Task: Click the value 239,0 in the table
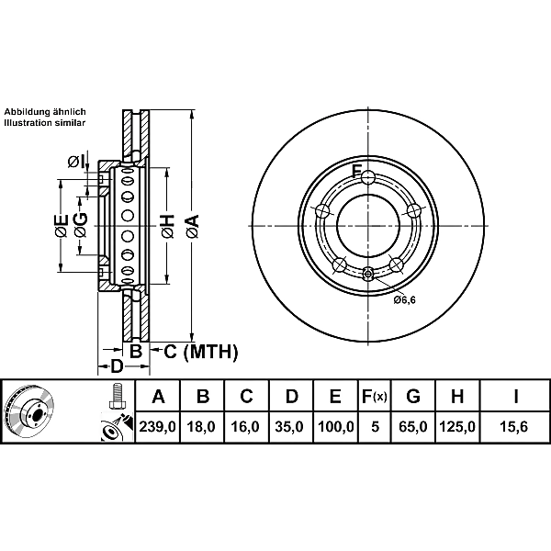pyautogui.click(x=157, y=427)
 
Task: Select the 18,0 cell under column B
pyautogui.click(x=201, y=427)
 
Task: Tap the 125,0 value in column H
pyautogui.click(x=457, y=427)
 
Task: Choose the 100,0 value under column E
pyautogui.click(x=335, y=427)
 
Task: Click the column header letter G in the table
pyautogui.click(x=413, y=397)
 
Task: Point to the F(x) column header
pyautogui.click(x=375, y=397)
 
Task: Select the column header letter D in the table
pyautogui.click(x=291, y=397)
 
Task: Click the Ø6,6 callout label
pyautogui.click(x=404, y=299)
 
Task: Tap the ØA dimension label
pyautogui.click(x=193, y=226)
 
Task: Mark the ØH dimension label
pyautogui.click(x=168, y=226)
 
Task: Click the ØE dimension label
pyautogui.click(x=62, y=225)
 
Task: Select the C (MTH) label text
pyautogui.click(x=201, y=352)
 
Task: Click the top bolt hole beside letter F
pyautogui.click(x=368, y=177)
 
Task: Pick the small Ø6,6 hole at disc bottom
pyautogui.click(x=368, y=273)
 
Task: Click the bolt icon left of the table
pyautogui.click(x=117, y=396)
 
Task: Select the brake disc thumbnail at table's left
pyautogui.click(x=28, y=411)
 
